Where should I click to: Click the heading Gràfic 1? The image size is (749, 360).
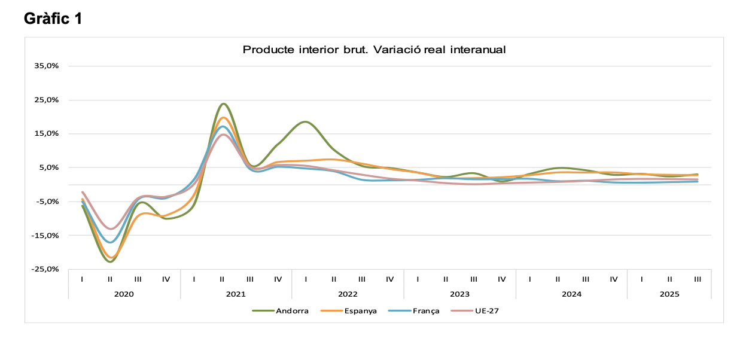click(x=53, y=19)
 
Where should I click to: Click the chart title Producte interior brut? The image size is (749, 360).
click(x=374, y=50)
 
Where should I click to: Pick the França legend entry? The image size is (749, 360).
click(x=421, y=311)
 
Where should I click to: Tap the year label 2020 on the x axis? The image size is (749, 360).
click(x=124, y=294)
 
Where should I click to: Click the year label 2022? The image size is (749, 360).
click(x=348, y=294)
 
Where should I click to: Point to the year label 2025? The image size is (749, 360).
click(x=669, y=294)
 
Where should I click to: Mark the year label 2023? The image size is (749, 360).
click(x=459, y=294)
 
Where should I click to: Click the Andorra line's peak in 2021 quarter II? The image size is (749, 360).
click(x=223, y=104)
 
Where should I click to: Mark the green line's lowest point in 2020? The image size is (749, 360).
click(x=110, y=261)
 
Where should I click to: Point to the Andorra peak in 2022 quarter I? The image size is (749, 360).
click(x=306, y=122)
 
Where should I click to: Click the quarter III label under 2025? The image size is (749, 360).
click(x=698, y=279)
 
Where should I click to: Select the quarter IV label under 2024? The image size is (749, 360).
click(x=613, y=279)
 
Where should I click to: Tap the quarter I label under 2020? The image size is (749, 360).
click(x=82, y=279)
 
